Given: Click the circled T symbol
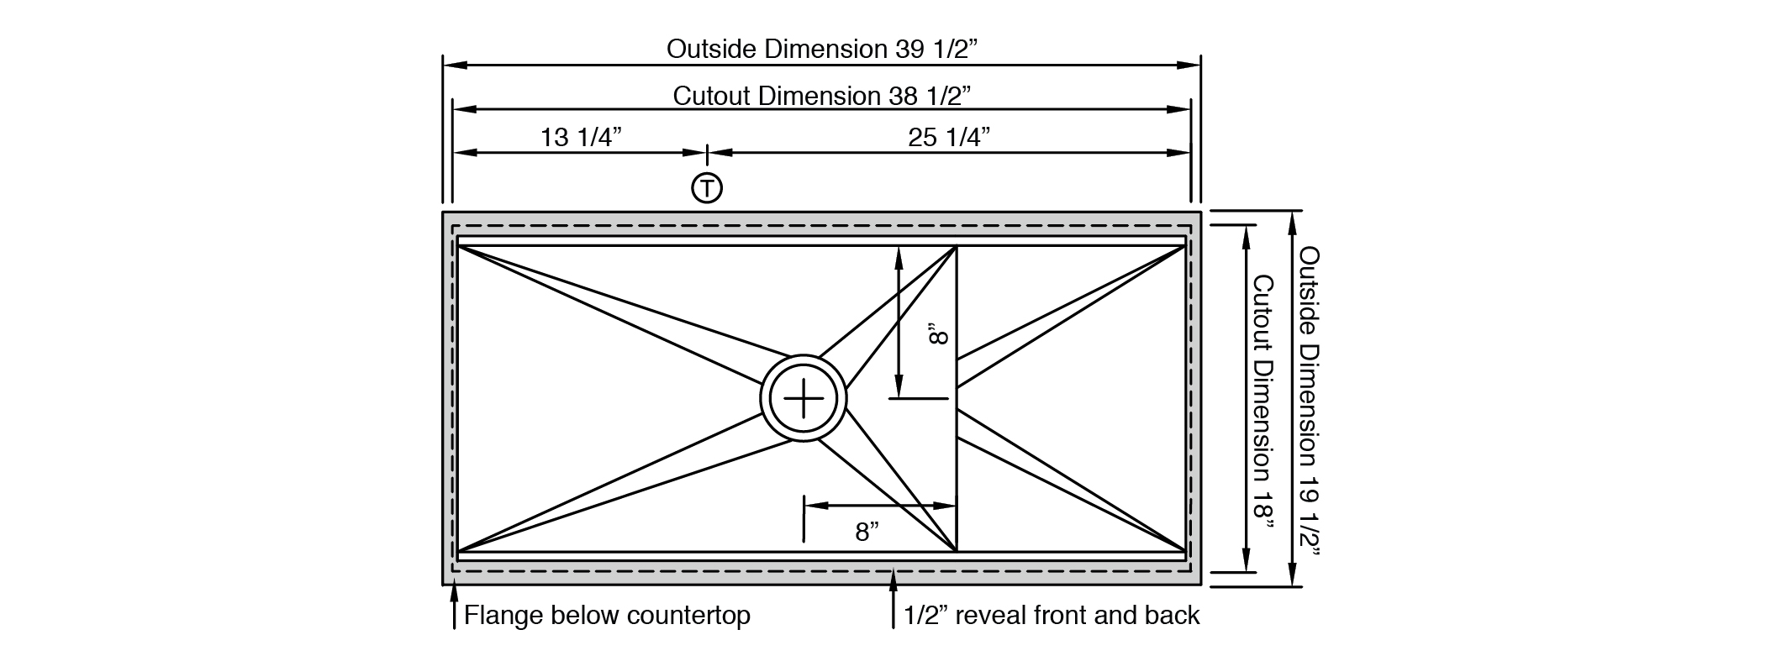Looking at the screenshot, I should click(x=707, y=188).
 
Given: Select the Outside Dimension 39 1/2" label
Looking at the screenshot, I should click(x=823, y=49).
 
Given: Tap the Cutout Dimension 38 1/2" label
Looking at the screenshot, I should click(x=822, y=96).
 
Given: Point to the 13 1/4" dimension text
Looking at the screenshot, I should click(x=581, y=137).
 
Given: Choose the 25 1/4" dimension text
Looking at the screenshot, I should click(x=949, y=137).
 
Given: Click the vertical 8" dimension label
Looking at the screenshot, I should click(x=938, y=336).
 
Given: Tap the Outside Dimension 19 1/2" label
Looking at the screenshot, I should click(x=1309, y=401).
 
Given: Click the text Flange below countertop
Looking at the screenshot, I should click(x=607, y=616).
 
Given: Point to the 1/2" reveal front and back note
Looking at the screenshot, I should click(x=1052, y=616).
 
